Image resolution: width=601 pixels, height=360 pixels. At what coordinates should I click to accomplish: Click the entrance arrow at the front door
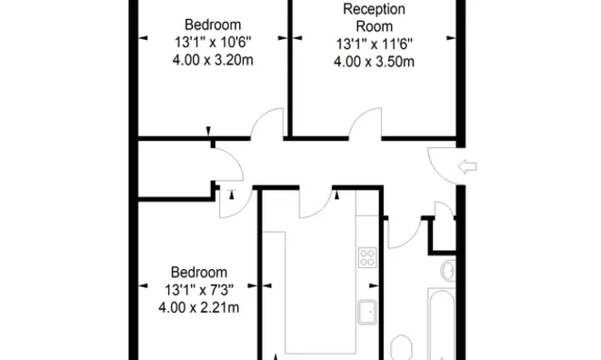coord(469,165)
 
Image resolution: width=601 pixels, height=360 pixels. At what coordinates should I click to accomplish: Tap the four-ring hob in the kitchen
coord(367,257)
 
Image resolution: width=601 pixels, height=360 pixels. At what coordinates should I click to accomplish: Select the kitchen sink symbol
coord(367,312)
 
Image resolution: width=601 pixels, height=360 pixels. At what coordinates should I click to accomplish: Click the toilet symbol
coord(401,347)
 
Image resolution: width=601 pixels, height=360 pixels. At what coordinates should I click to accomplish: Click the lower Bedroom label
coord(199,272)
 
